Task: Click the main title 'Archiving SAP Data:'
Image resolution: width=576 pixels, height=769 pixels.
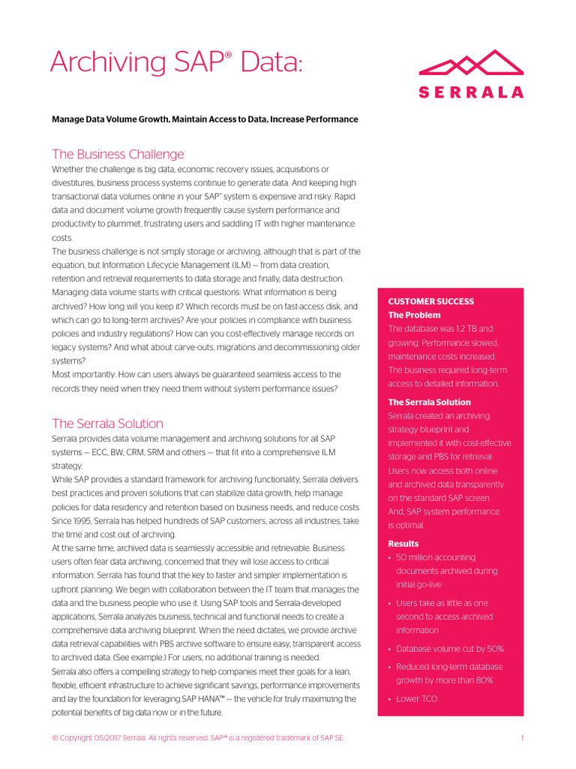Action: pos(176,62)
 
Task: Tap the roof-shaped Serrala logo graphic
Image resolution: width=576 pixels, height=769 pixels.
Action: pos(470,64)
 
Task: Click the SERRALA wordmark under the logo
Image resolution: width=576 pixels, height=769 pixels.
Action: pos(470,92)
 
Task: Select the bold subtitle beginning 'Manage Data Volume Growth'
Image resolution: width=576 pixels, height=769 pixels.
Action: pos(205,119)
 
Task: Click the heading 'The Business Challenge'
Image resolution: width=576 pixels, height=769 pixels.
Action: pos(118,154)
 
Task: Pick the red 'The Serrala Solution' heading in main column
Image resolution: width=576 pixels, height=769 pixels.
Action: pos(107,424)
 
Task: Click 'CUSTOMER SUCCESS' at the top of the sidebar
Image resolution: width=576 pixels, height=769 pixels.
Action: pos(430,301)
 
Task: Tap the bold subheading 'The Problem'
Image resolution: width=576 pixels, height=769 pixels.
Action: pos(414,315)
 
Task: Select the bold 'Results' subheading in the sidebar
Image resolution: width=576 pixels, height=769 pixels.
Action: pos(403,544)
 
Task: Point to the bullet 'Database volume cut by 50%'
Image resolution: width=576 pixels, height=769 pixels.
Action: pos(449,649)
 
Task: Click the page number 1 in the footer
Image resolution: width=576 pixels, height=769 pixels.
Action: pos(521,739)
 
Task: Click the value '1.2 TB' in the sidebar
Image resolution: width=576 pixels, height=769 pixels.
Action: pos(474,329)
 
